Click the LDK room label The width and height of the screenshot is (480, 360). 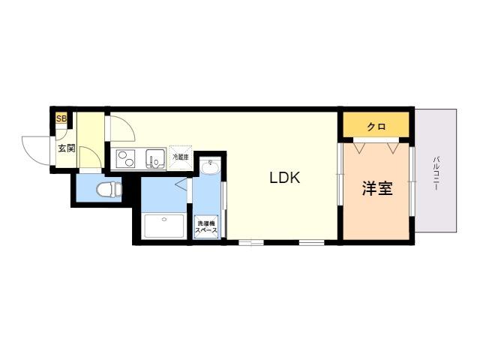tap(285, 178)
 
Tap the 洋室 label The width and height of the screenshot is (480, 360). tap(377, 188)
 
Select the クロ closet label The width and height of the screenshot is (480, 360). tap(376, 127)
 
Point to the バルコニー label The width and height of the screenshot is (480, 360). tap(436, 173)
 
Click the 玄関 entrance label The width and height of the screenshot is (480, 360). tap(67, 148)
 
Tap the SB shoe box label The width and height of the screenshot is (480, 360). tap(61, 118)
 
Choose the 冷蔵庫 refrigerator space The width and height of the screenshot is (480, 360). tap(181, 157)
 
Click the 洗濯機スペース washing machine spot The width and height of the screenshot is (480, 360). tap(207, 226)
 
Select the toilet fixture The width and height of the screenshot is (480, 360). tap(109, 189)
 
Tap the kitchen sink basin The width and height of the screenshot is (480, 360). tap(156, 158)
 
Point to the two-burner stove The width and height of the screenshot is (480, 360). tap(125, 158)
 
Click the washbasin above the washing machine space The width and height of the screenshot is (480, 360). tap(211, 167)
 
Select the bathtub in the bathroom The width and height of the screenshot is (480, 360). tap(164, 226)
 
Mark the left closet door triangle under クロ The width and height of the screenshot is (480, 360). tap(360, 147)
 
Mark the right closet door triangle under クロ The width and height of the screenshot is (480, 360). tap(393, 147)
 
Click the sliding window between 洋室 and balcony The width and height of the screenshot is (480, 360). tap(412, 181)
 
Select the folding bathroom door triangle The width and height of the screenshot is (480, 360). tap(181, 185)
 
